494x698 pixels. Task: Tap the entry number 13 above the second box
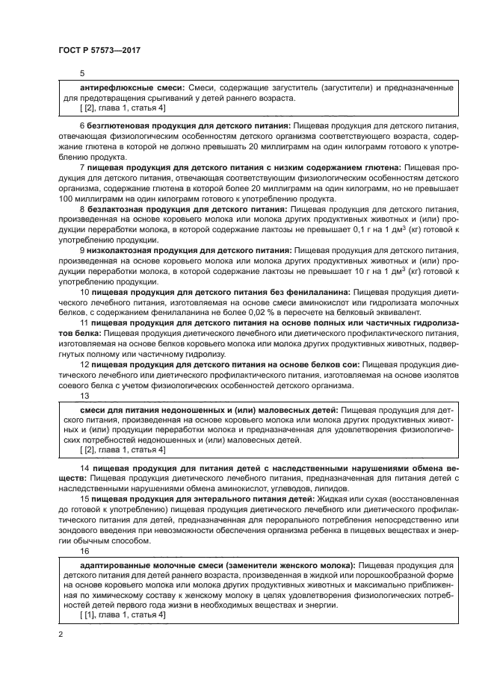(x=84, y=396)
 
